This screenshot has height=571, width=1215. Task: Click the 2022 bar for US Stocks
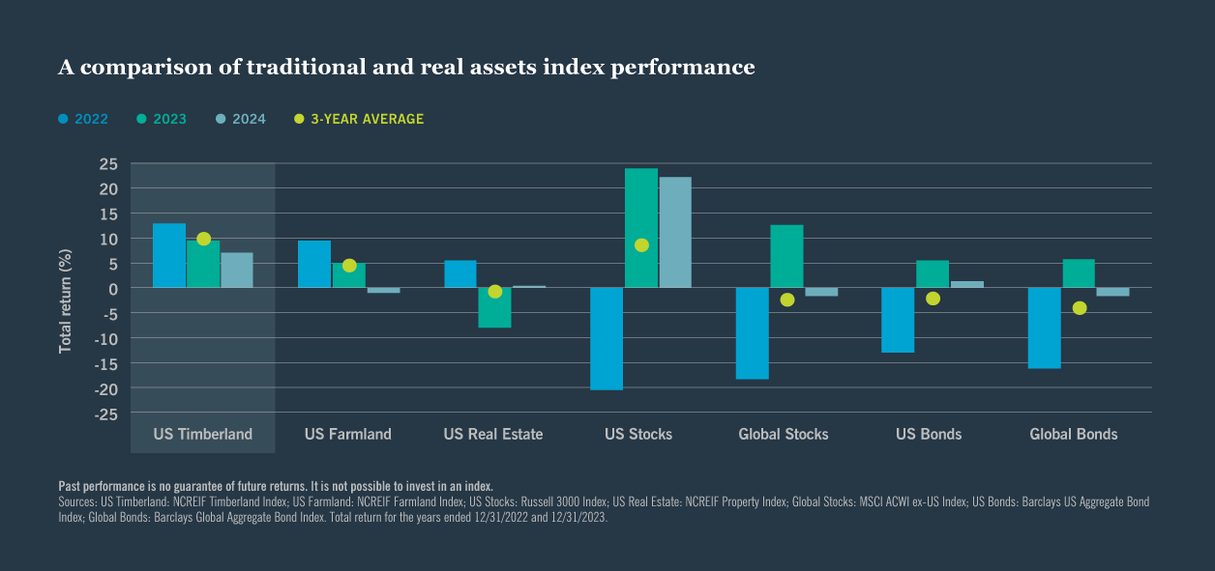point(607,339)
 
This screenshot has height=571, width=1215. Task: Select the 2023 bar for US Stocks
point(641,228)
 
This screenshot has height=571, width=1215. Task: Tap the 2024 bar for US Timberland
point(237,271)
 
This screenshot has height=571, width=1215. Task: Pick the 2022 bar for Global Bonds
point(1044,328)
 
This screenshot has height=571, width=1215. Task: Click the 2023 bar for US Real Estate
point(495,308)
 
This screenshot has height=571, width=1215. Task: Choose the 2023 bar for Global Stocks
point(786,256)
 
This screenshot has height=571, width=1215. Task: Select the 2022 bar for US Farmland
point(314,264)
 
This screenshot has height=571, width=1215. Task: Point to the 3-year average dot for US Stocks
point(641,245)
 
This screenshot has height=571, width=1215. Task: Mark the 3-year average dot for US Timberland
point(203,239)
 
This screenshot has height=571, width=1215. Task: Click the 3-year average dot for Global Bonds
point(1080,308)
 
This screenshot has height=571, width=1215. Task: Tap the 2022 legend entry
point(82,119)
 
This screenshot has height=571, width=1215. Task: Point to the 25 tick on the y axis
point(107,163)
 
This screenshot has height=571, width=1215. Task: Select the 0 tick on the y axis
point(113,288)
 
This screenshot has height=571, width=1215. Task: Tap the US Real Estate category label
point(493,434)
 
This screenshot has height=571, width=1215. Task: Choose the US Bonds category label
point(929,434)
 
